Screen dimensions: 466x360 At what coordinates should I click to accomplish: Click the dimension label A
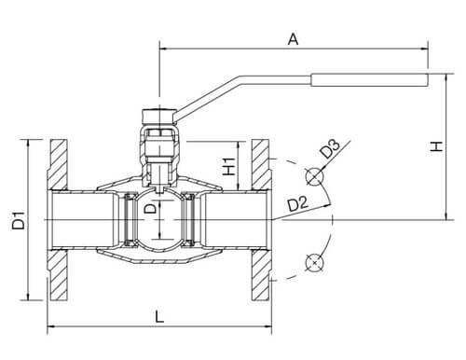point(293,39)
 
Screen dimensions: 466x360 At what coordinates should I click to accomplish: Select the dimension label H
point(436,145)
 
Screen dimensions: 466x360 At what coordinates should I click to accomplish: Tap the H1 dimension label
point(229,166)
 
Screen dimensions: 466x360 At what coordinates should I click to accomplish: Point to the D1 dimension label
point(19,220)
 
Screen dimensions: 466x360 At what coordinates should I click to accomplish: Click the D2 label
point(297,204)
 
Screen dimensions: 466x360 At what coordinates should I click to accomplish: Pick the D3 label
point(330,149)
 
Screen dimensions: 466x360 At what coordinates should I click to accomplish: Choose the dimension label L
point(159,317)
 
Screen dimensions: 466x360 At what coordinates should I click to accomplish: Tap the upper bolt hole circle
point(314,176)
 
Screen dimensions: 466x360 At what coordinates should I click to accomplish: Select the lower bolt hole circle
point(314,263)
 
